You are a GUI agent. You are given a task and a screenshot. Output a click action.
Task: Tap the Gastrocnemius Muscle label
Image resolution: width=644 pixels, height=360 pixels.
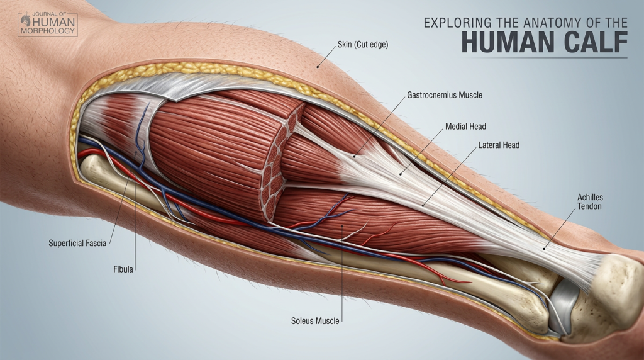(x=445, y=96)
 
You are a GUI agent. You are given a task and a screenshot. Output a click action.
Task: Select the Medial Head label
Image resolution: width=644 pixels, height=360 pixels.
(x=465, y=127)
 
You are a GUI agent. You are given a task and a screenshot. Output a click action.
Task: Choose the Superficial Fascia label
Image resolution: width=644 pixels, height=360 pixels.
(x=77, y=242)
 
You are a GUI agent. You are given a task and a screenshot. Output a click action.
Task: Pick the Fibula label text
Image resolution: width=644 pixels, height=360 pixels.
(x=123, y=269)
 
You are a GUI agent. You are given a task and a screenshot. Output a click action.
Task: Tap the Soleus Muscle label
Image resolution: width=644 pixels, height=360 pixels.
(x=316, y=321)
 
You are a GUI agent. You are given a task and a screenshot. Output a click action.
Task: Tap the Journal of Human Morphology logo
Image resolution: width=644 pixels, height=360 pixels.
(x=47, y=24)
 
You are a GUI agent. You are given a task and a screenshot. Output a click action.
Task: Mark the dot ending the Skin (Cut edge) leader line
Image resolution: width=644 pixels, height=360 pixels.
(x=318, y=66)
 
